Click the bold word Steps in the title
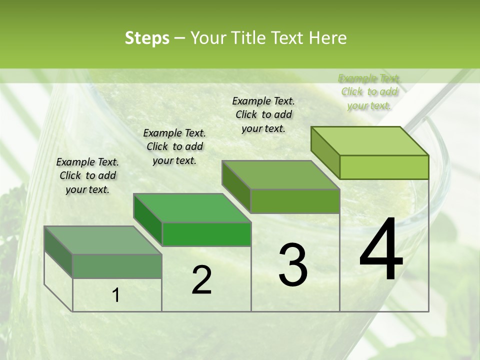pos(147,38)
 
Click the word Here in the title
pos(328,38)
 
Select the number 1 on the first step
pos(116,295)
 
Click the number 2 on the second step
pos(201,280)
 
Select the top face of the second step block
pos(192,208)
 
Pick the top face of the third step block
pos(280,175)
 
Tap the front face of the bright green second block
pos(206,234)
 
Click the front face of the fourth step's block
pos(384,167)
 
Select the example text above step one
pos(87,175)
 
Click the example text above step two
pos(174,146)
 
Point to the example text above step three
pos(263,114)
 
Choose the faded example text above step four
pos(369,91)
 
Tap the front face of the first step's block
pos(117,266)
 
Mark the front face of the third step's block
pos(295,201)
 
